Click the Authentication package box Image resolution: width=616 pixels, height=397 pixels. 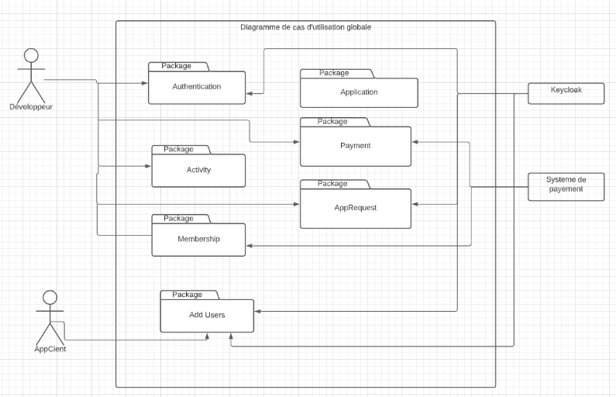point(197,87)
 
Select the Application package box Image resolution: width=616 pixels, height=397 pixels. point(359,92)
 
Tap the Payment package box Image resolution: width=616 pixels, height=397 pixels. point(355,146)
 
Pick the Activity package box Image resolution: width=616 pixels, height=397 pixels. point(198,170)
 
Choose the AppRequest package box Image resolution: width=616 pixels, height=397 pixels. point(355,208)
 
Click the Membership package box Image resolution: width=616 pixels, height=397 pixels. point(198,239)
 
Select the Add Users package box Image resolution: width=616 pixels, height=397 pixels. point(207,315)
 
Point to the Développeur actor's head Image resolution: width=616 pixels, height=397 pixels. point(31,56)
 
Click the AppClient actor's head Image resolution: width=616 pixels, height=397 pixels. point(50,298)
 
